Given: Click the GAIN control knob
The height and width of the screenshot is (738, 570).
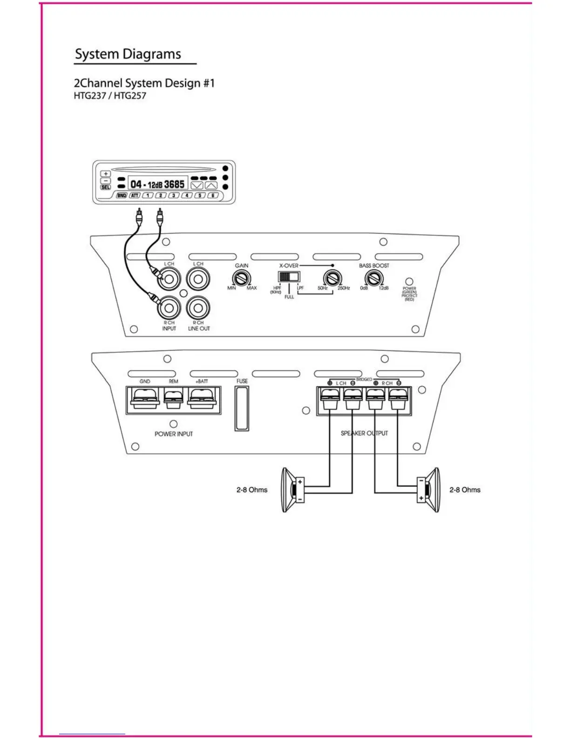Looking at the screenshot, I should pyautogui.click(x=241, y=279).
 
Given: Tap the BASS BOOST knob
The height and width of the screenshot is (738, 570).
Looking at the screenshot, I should pyautogui.click(x=373, y=279).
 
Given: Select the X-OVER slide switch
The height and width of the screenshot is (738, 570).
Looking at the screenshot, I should pyautogui.click(x=288, y=277).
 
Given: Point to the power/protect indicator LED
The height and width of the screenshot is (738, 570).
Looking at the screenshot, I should pyautogui.click(x=409, y=282).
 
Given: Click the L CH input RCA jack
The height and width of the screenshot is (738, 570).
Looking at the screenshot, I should pyautogui.click(x=169, y=279).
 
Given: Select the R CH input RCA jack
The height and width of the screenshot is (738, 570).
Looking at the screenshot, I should pyautogui.click(x=169, y=307).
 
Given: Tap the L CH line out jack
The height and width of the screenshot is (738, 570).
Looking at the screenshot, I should pyautogui.click(x=198, y=279).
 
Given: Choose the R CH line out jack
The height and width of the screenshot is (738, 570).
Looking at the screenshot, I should pyautogui.click(x=198, y=307).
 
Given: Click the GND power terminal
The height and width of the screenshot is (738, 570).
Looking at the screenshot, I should pyautogui.click(x=145, y=399).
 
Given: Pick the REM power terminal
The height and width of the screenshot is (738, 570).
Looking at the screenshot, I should pyautogui.click(x=173, y=399).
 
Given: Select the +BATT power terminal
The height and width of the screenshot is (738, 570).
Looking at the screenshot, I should pyautogui.click(x=202, y=399).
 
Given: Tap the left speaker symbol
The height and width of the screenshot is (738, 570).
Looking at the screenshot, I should pyautogui.click(x=292, y=490).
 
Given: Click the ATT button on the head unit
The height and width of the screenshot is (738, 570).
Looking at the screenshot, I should pyautogui.click(x=135, y=196).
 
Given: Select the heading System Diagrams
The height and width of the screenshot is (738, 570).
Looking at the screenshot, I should pyautogui.click(x=128, y=54).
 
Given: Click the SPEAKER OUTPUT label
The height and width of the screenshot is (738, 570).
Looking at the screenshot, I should pyautogui.click(x=364, y=433).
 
